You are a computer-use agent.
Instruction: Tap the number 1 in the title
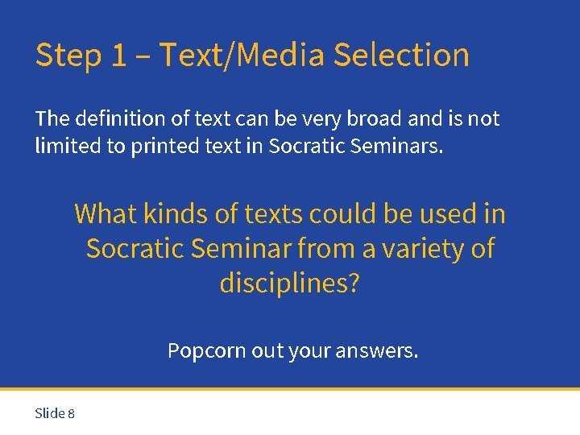pyautogui.click(x=119, y=56)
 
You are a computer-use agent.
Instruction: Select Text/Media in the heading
pyautogui.click(x=242, y=56)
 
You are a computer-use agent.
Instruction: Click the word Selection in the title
pyautogui.click(x=400, y=56)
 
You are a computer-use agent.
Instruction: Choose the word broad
pyautogui.click(x=372, y=119)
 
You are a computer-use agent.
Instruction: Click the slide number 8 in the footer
pyautogui.click(x=72, y=413)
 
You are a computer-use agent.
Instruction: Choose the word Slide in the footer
pyautogui.click(x=50, y=413)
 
